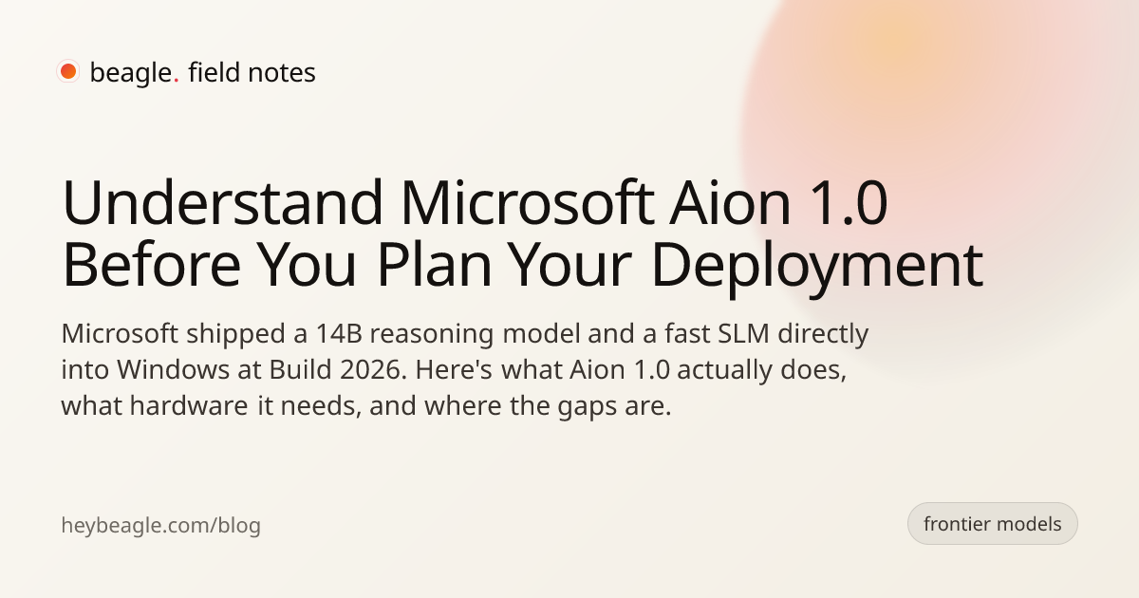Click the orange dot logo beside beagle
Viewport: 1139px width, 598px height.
point(68,71)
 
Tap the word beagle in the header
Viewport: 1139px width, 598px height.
point(131,73)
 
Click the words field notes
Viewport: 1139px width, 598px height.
point(252,72)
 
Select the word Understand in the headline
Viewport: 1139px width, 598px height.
point(222,202)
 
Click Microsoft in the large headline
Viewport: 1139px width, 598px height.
point(528,202)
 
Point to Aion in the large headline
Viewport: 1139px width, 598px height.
point(730,202)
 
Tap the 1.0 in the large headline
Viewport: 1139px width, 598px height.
point(850,203)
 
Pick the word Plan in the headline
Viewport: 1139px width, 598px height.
point(435,265)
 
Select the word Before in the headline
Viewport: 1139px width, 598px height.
point(152,266)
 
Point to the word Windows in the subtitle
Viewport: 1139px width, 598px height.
point(174,369)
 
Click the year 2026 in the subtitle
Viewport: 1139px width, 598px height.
point(374,370)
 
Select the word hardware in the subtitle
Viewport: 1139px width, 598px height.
point(189,406)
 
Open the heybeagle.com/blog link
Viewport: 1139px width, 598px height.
point(160,525)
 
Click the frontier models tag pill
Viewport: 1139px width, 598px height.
point(993,524)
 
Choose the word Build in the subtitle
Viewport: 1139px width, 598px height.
point(300,369)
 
